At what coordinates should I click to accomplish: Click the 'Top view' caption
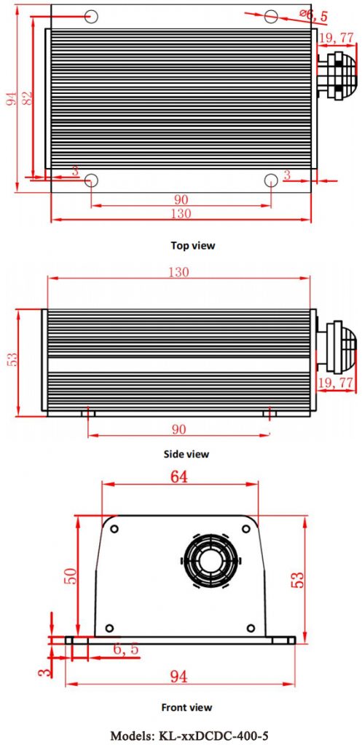193,245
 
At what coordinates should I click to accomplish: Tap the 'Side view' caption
188,454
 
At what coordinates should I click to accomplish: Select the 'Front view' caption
186,706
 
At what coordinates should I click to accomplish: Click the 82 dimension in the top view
28,98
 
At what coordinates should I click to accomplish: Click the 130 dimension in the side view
179,273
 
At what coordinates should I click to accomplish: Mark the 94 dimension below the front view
178,677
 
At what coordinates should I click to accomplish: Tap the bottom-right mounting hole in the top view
270,180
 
